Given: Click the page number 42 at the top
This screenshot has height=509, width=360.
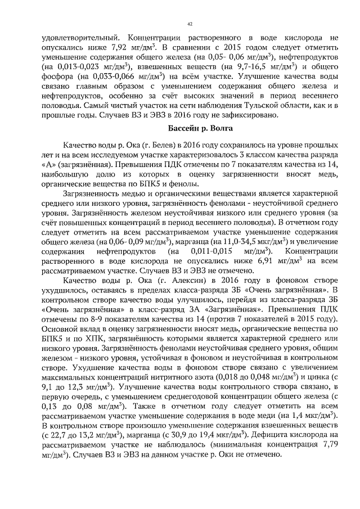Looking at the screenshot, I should coord(190,23).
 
